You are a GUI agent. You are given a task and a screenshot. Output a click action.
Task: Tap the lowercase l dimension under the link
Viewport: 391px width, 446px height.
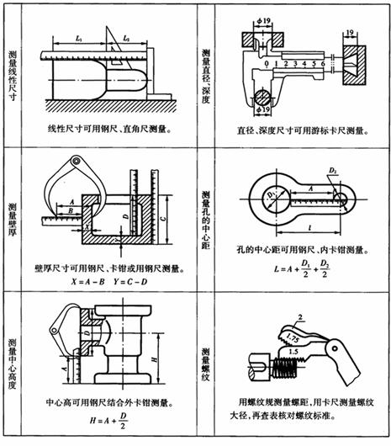(x=303, y=228)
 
